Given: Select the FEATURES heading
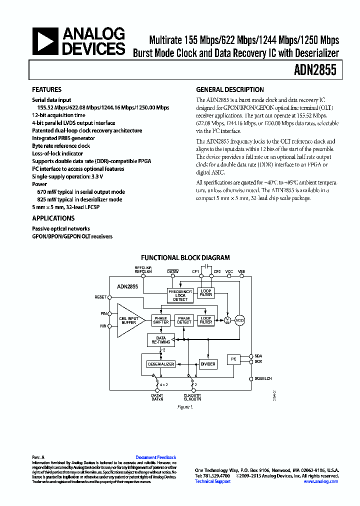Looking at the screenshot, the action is pos(46,90).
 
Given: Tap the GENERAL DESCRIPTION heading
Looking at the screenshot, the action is pos(229,90).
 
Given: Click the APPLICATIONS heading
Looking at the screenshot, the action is pos(53,218).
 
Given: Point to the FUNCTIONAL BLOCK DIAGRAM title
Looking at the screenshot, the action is pos(185,258).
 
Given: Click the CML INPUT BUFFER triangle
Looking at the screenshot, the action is pos(129,320).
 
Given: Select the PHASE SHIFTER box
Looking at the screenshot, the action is pos(161,320).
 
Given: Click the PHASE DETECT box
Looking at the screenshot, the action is pos(184,320).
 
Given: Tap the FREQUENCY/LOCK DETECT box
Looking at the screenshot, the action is pos(180,295).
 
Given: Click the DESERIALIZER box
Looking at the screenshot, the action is pos(160,364).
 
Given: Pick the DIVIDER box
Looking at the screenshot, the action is pos(207,364).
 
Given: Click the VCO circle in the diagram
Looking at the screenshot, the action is pos(240,320).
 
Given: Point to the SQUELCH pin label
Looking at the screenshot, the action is pos(263,378).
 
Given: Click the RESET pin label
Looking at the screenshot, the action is pos(100,297).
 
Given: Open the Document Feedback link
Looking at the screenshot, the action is pos(155,457).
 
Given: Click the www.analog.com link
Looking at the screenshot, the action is pos(320,481).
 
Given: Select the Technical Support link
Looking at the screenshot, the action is pos(212,481).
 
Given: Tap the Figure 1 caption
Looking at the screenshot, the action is pos(185,407).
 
